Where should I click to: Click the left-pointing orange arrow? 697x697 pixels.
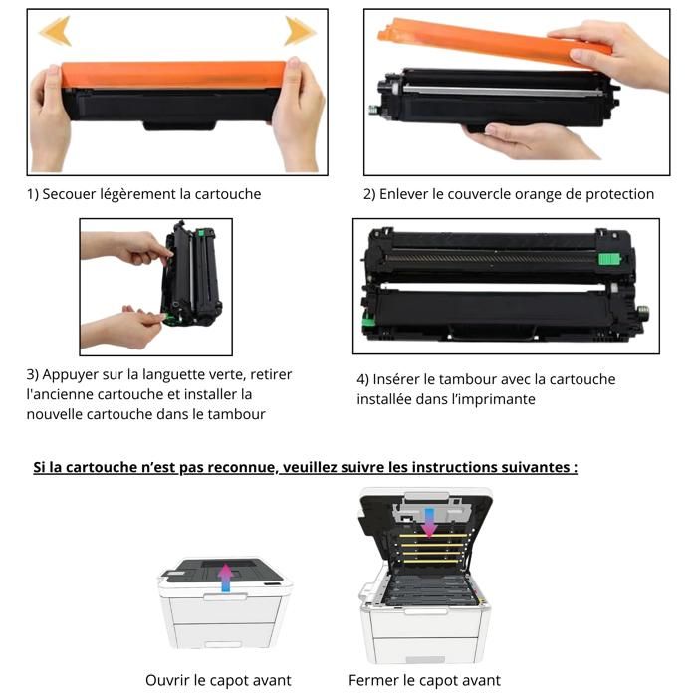pyautogui.click(x=55, y=31)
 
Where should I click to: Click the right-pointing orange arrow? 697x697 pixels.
pyautogui.click(x=299, y=31)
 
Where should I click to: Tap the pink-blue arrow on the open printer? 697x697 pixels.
pyautogui.click(x=428, y=520)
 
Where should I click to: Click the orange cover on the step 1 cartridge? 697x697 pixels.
pyautogui.click(x=174, y=74)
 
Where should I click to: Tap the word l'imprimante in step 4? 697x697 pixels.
pyautogui.click(x=492, y=399)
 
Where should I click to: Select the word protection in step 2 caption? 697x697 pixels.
pyautogui.click(x=616, y=194)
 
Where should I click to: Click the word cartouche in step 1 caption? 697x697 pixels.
pyautogui.click(x=228, y=194)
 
